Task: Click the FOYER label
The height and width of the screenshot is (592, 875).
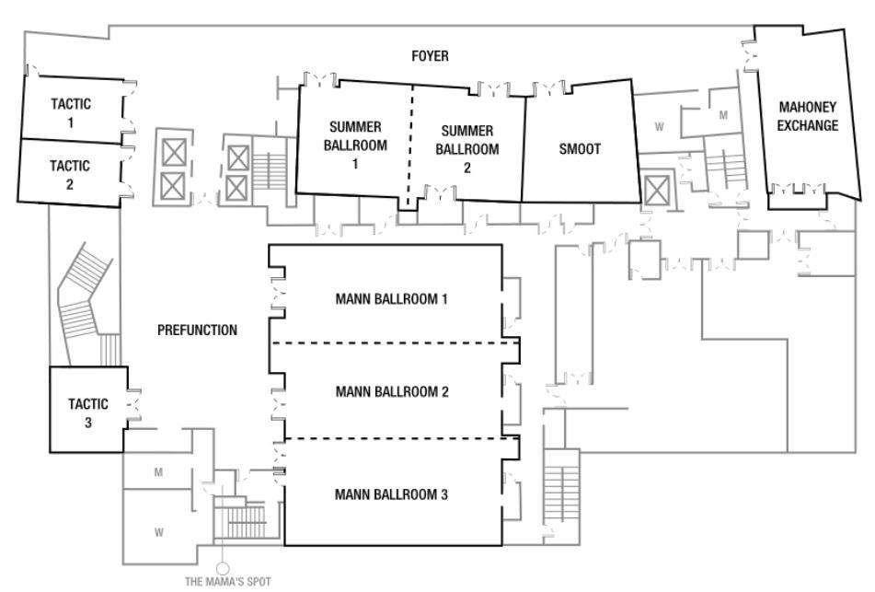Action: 430,57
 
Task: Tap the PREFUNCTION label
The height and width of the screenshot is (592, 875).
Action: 197,331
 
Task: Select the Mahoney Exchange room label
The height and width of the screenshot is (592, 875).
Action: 807,117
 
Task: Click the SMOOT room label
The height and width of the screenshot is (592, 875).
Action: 580,149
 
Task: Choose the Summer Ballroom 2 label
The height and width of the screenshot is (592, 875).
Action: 468,149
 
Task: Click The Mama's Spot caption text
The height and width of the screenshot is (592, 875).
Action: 222,582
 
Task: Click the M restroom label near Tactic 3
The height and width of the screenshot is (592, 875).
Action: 159,473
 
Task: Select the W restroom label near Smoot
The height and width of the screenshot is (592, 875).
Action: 659,127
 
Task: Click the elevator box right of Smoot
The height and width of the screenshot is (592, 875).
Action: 656,191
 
